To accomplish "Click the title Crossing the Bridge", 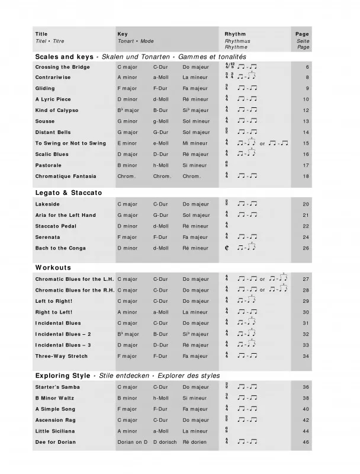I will tap(62, 66).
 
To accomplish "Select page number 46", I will tap(306, 442).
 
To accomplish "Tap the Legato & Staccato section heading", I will tap(69, 193).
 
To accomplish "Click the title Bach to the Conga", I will tap(60, 248).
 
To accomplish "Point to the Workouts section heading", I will tap(53, 268).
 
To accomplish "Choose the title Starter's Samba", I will tap(57, 387).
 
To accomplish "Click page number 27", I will tap(306, 279).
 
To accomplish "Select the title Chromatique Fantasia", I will tap(66, 176).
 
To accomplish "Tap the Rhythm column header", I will tap(235, 34).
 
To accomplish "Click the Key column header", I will tap(123, 34).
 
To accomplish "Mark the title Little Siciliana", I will tap(55, 431).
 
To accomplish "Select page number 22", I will tap(306, 226).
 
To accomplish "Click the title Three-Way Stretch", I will tap(61, 356).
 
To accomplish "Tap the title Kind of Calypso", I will tap(57, 110).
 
